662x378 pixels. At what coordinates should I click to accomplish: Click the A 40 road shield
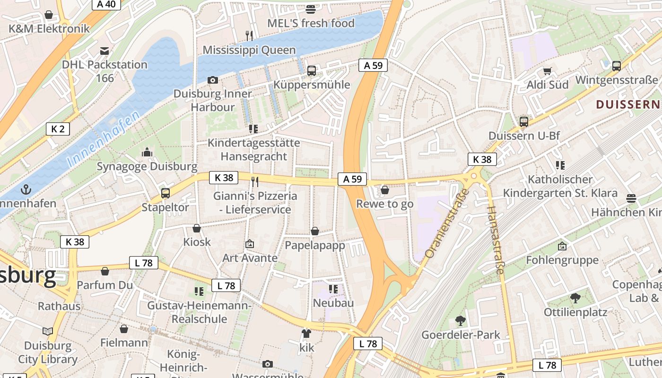click(x=106, y=4)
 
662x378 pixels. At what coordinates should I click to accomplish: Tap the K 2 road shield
click(x=58, y=129)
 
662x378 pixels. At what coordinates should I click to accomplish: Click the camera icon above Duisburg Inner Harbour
click(x=213, y=80)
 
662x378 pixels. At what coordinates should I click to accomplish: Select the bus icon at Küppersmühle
click(x=311, y=71)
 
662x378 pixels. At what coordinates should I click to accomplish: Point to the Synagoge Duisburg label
click(x=147, y=166)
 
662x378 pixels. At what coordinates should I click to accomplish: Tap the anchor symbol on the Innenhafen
click(x=26, y=190)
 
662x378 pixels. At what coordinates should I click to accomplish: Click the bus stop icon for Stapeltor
click(x=165, y=193)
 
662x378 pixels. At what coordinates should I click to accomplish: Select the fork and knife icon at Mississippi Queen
click(x=249, y=35)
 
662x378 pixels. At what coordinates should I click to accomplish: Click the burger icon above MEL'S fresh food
click(x=311, y=9)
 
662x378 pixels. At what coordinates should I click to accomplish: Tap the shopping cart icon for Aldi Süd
click(x=548, y=71)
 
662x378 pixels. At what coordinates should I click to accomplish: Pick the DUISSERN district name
click(x=627, y=104)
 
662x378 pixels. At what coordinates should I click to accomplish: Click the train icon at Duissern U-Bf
click(x=523, y=122)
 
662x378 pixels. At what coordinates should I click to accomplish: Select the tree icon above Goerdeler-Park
click(x=460, y=321)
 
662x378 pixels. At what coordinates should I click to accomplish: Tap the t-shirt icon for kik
click(x=306, y=334)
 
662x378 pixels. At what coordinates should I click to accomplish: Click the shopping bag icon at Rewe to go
click(x=385, y=190)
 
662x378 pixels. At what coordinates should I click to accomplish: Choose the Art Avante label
click(x=250, y=258)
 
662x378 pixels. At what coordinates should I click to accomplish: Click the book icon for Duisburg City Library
click(x=47, y=331)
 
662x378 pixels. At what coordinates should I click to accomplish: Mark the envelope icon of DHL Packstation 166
click(x=105, y=51)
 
